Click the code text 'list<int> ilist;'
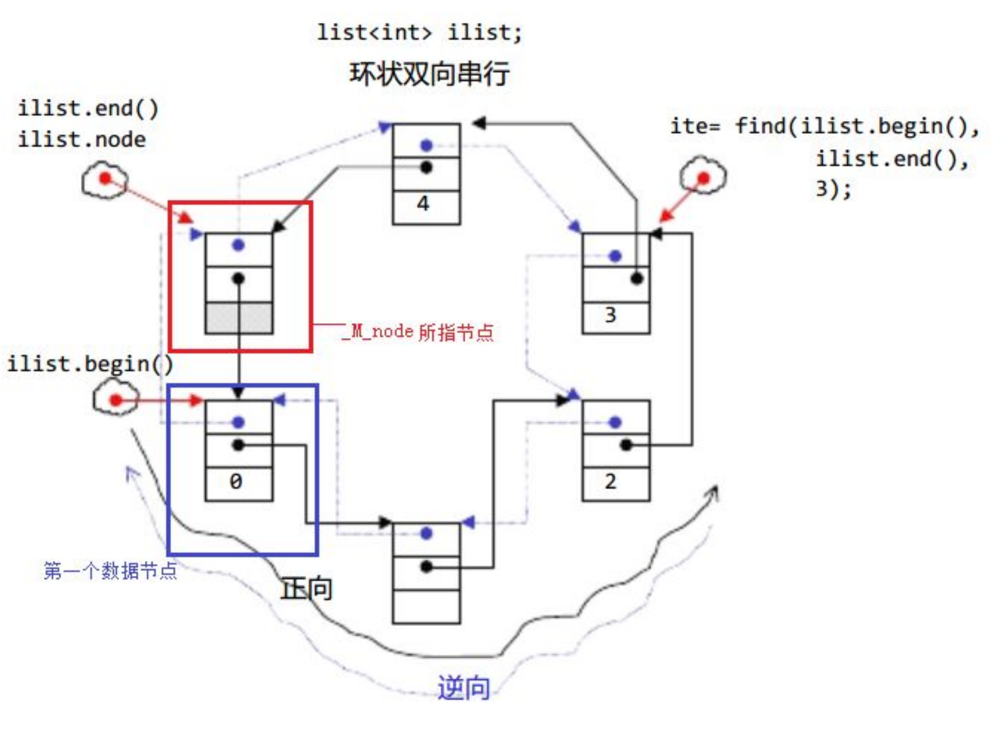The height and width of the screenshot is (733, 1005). tap(419, 32)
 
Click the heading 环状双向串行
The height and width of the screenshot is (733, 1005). tap(429, 74)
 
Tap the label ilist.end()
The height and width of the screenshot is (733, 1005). tap(88, 109)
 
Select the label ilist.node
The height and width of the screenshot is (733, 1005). tap(81, 140)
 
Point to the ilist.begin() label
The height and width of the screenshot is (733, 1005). tap(90, 364)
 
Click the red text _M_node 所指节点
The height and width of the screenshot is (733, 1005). tap(419, 332)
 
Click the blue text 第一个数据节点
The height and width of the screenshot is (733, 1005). tap(110, 570)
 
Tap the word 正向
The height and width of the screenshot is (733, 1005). tap(306, 589)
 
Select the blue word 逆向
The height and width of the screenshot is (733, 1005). tap(463, 688)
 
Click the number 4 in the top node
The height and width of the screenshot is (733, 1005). tap(424, 204)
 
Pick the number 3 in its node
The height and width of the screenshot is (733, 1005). tap(610, 315)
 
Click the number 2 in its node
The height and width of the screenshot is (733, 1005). tap(610, 481)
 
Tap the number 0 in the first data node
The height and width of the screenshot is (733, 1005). tap(236, 481)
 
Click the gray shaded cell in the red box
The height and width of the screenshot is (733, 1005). tap(239, 318)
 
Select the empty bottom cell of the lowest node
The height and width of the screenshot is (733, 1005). tap(426, 607)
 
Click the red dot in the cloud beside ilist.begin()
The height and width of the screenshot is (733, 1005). tap(116, 400)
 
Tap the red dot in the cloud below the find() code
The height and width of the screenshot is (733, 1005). tap(703, 178)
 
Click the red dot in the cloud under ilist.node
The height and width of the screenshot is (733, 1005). tap(105, 178)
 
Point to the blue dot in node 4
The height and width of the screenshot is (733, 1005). tap(427, 145)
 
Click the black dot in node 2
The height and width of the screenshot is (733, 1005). tap(626, 445)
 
